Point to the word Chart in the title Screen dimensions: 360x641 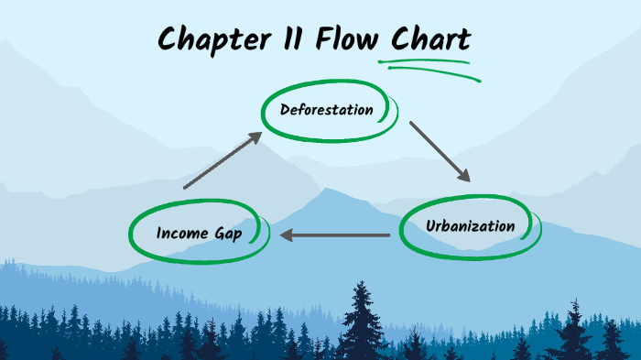click(431, 39)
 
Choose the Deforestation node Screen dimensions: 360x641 click(328, 111)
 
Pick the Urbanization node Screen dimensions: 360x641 click(471, 225)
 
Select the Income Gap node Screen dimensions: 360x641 click(199, 233)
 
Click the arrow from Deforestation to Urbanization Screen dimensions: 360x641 click(440, 151)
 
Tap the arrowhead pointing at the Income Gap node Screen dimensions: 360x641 click(287, 235)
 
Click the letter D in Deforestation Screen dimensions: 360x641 click(286, 110)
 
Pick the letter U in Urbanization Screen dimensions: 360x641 click(430, 225)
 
